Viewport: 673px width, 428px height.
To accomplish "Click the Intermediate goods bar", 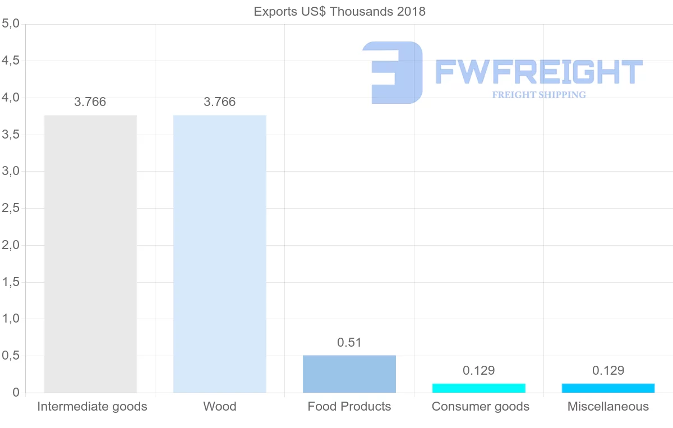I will click(90, 254).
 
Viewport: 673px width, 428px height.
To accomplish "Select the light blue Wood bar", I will click(220, 254).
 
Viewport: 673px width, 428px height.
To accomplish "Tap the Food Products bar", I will click(349, 374).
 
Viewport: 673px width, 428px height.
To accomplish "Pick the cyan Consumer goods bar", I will click(479, 388).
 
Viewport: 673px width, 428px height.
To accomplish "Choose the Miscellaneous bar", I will click(609, 388).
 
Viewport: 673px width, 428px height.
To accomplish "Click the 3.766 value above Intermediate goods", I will click(90, 102).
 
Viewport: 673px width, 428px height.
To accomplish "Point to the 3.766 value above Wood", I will click(220, 102).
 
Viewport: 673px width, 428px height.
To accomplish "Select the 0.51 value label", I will click(349, 342).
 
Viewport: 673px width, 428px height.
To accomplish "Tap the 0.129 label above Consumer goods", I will click(479, 370).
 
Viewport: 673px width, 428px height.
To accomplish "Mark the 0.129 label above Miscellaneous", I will click(609, 370).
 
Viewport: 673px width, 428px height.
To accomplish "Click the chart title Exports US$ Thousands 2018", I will click(339, 11).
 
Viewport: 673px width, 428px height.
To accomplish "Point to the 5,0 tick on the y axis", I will click(11, 24).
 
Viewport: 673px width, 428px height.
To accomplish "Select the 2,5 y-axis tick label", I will click(11, 208).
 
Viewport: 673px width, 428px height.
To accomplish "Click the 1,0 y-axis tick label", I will click(11, 319).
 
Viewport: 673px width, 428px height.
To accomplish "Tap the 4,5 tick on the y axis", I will click(11, 61).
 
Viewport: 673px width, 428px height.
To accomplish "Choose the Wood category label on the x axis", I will click(220, 406).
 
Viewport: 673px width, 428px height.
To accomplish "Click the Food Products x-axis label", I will click(349, 406).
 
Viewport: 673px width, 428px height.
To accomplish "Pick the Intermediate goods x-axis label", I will click(92, 406).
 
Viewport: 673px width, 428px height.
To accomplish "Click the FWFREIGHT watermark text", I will click(538, 72).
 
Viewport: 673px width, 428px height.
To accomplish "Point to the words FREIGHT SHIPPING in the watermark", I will click(539, 95).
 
